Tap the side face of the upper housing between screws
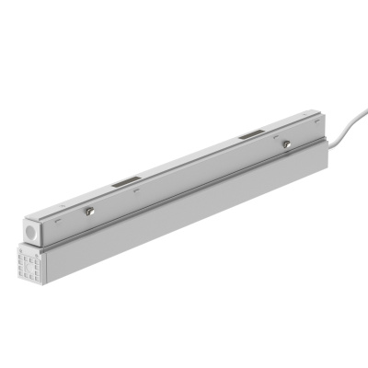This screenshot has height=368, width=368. pyautogui.click(x=184, y=184)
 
